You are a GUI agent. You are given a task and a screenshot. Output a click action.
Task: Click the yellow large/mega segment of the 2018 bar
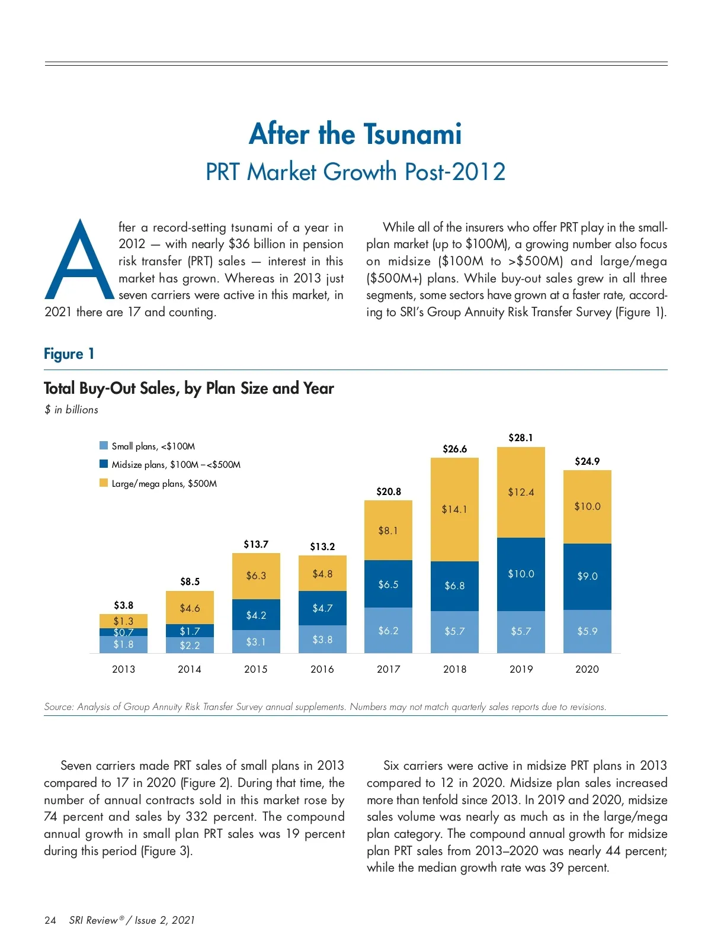(454, 509)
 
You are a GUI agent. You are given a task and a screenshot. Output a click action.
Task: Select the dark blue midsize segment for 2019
(521, 574)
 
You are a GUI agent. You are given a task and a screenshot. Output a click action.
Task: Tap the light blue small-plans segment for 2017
(388, 631)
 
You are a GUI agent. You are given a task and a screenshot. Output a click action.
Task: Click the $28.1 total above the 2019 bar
(521, 438)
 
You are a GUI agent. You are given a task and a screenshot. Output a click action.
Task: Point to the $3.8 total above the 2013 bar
(123, 605)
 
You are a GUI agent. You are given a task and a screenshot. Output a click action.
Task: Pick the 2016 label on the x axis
(322, 669)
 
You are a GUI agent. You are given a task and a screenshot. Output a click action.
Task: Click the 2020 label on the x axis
(587, 669)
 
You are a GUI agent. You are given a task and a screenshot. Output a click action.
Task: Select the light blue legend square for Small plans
(104, 446)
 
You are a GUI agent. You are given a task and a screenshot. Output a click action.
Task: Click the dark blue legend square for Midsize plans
(104, 464)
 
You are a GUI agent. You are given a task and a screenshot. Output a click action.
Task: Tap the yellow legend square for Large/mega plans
(104, 483)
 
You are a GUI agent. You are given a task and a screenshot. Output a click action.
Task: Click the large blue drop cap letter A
(79, 261)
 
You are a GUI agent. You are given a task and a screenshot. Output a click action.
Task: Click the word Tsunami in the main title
(412, 134)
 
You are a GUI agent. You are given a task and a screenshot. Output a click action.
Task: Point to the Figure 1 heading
(69, 354)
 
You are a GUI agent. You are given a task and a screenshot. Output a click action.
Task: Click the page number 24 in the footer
(50, 920)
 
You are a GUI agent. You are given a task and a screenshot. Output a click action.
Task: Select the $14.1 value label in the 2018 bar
(454, 509)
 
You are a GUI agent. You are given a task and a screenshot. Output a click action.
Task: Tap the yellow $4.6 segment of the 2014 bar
(190, 608)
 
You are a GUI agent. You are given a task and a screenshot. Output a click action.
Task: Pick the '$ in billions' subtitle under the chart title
(72, 410)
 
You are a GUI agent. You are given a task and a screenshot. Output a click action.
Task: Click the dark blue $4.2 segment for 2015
(256, 615)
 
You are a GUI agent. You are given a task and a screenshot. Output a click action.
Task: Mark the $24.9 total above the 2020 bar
(587, 461)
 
